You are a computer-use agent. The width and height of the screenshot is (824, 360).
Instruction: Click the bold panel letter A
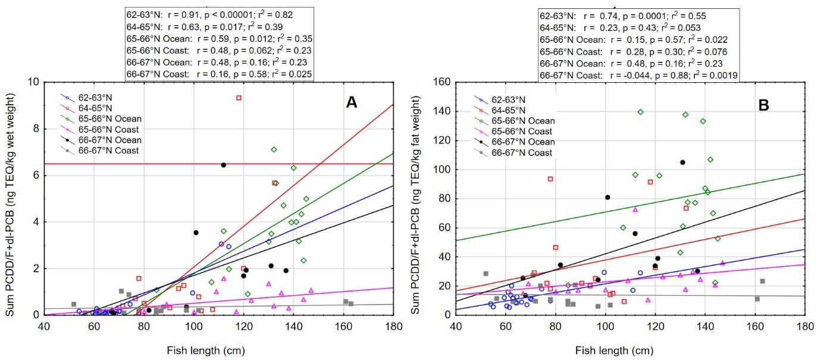(x=352, y=102)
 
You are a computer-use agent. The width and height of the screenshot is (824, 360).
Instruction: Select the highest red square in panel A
(x=239, y=98)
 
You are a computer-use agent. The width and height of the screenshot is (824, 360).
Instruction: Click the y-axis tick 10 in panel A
(x=33, y=82)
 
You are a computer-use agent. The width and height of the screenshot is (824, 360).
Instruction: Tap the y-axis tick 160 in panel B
(x=440, y=82)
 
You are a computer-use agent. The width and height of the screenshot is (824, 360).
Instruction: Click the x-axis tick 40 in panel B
(x=456, y=325)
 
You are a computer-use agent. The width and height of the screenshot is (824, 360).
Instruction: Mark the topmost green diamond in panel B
(x=641, y=112)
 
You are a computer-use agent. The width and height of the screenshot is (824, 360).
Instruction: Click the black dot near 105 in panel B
(x=683, y=162)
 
